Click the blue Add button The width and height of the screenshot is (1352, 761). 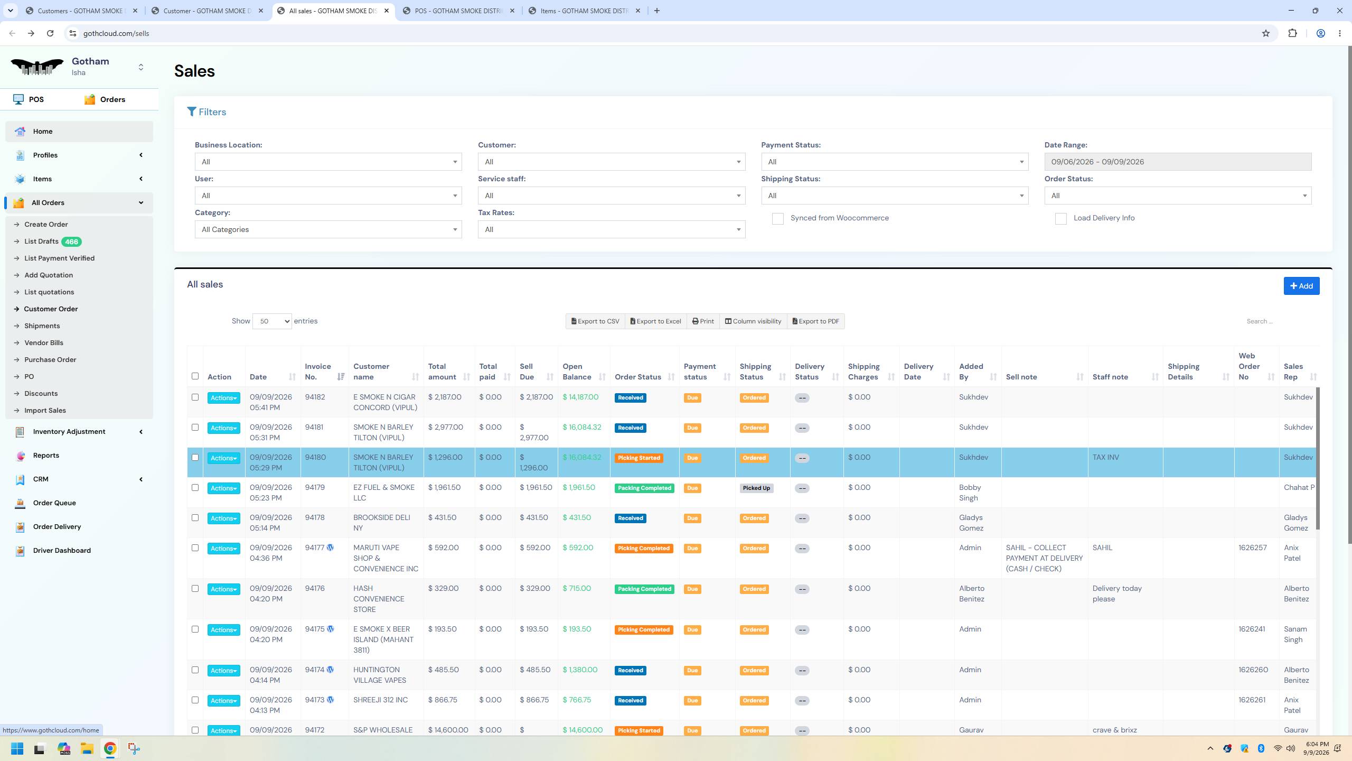point(1301,286)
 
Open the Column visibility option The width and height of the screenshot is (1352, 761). point(753,321)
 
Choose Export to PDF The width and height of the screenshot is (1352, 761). point(815,321)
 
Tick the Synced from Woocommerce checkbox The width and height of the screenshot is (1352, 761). point(777,219)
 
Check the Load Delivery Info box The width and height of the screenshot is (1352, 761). point(1060,219)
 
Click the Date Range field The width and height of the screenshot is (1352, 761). point(1178,162)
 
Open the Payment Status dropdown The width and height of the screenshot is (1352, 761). point(895,162)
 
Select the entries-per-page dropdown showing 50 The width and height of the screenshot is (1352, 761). point(272,321)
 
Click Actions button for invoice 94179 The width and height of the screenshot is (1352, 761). point(224,488)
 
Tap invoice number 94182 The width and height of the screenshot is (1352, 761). point(315,397)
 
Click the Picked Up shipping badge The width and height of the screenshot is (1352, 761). point(756,488)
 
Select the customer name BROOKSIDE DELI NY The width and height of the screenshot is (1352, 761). point(382,523)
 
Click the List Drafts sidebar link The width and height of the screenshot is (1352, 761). point(41,242)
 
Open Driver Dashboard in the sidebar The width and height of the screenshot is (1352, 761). point(62,551)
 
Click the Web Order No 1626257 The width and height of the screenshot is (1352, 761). point(1253,547)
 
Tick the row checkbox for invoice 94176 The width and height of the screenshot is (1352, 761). point(195,588)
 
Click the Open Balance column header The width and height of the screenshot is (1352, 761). point(577,372)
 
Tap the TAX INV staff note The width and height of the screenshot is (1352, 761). point(1105,457)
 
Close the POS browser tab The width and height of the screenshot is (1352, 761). point(512,11)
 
